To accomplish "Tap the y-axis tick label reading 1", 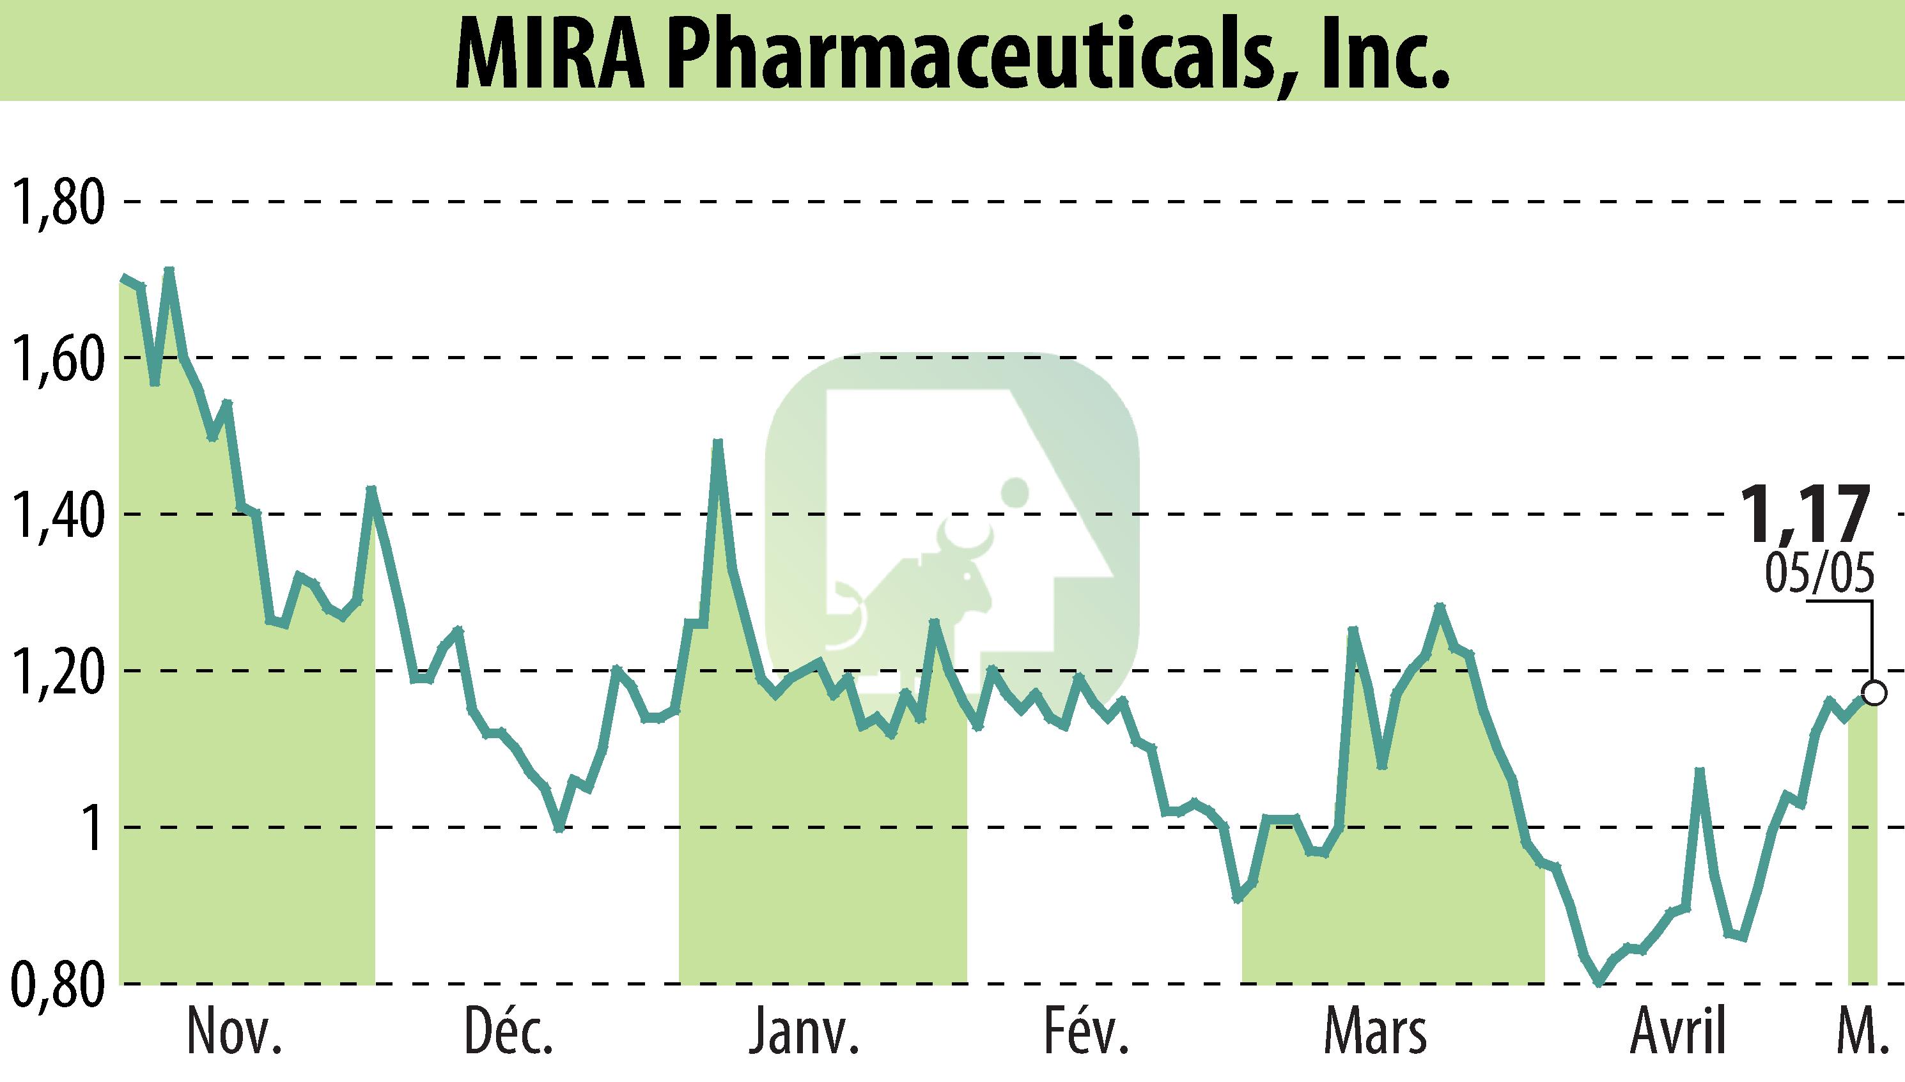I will [93, 828].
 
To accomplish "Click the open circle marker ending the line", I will [1874, 693].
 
